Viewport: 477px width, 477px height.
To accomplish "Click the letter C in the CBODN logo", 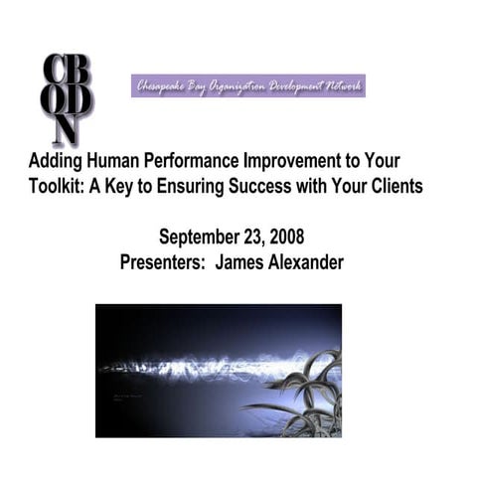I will coord(53,72).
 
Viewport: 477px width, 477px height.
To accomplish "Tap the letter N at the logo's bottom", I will coord(67,130).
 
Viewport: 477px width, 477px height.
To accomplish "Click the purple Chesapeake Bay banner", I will coord(248,85).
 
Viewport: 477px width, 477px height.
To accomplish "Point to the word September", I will coord(200,238).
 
